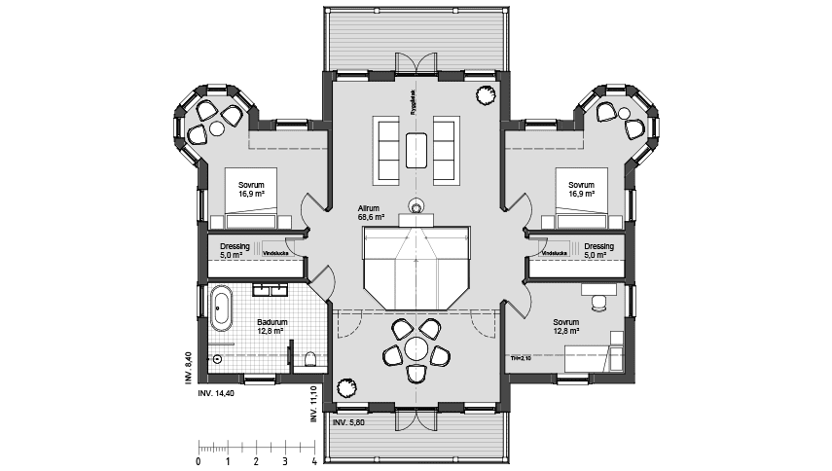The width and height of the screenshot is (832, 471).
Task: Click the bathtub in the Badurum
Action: (222, 307)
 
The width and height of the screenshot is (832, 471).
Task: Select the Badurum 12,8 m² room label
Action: (271, 326)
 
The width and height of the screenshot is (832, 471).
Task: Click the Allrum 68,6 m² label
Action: (371, 214)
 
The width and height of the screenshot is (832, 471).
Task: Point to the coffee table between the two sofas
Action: (416, 148)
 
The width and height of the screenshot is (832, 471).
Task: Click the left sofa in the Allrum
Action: (385, 148)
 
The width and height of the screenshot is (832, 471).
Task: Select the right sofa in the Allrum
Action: (447, 148)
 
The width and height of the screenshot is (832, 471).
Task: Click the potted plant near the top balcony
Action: (483, 94)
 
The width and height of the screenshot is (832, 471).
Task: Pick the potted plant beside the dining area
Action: (416, 205)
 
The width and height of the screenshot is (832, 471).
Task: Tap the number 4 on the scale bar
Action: (314, 461)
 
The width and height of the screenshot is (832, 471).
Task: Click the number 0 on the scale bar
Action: (199, 461)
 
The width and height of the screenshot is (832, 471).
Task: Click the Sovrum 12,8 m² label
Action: (565, 326)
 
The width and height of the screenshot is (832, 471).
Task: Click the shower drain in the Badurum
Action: (217, 359)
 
